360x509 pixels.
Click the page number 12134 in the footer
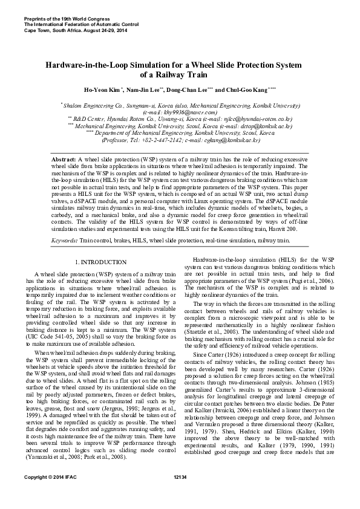pos(180,494)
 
